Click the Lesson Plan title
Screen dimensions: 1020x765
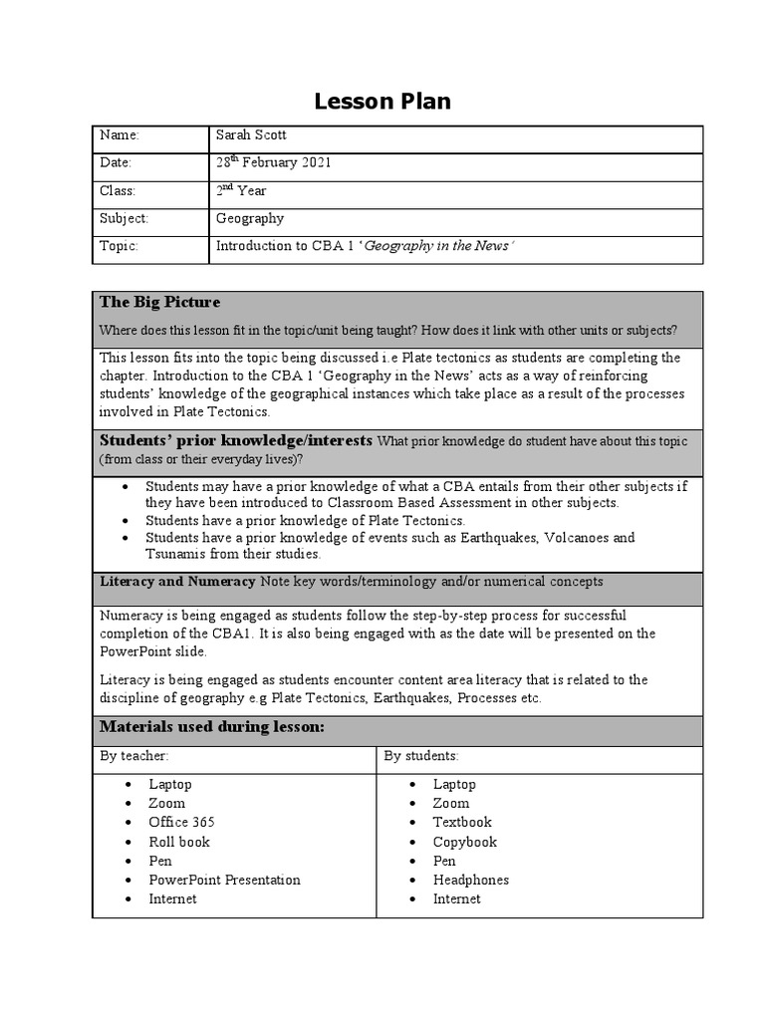tap(382, 101)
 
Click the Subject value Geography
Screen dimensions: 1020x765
tap(250, 218)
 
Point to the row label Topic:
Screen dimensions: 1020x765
tap(119, 246)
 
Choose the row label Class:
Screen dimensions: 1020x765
tap(118, 190)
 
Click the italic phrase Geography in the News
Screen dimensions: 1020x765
tap(438, 246)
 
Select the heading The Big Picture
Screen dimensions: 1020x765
tap(159, 302)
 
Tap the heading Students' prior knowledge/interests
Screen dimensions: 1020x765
tap(236, 440)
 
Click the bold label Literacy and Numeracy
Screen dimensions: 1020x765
tap(177, 581)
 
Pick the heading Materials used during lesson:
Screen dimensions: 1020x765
tap(212, 727)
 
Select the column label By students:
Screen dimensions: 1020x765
tap(420, 756)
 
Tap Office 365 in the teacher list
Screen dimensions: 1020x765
tap(181, 823)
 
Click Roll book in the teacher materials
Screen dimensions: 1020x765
tap(179, 842)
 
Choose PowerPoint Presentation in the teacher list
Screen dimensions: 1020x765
tap(224, 880)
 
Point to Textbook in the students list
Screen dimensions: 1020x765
tap(462, 823)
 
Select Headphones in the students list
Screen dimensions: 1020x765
tap(470, 880)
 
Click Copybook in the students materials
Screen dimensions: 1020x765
tap(464, 842)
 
